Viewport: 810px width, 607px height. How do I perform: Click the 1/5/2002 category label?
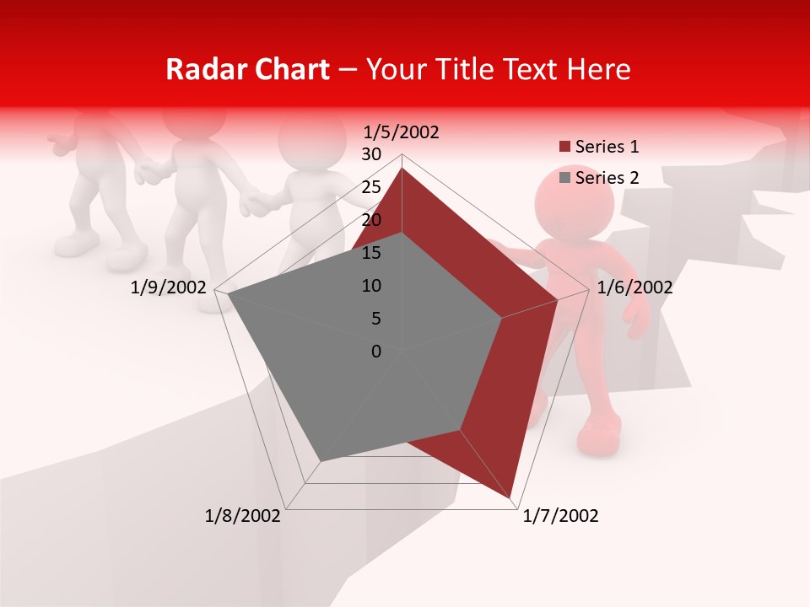tap(401, 132)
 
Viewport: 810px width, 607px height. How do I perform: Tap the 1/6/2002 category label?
tap(634, 287)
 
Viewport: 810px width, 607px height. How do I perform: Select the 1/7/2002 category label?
tap(560, 516)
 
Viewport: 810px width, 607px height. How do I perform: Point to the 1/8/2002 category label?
tap(243, 516)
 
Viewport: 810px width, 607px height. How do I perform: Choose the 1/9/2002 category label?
tap(169, 287)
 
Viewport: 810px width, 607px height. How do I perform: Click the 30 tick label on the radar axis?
tap(371, 154)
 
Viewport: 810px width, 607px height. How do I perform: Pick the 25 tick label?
tap(371, 187)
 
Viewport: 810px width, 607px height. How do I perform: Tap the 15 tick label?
tap(371, 253)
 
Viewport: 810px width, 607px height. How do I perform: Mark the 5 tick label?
tap(375, 319)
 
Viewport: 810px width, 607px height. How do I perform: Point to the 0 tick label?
tap(376, 352)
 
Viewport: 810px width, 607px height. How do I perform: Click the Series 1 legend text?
tap(607, 147)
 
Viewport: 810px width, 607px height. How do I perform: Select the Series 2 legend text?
tap(607, 178)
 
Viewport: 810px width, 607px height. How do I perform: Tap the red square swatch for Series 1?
tap(565, 148)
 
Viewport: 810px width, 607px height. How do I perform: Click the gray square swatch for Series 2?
tap(565, 178)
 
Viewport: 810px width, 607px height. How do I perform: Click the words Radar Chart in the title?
tap(247, 69)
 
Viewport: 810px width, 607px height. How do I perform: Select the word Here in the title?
tap(598, 69)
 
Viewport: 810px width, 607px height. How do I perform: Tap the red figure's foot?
tap(599, 439)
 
